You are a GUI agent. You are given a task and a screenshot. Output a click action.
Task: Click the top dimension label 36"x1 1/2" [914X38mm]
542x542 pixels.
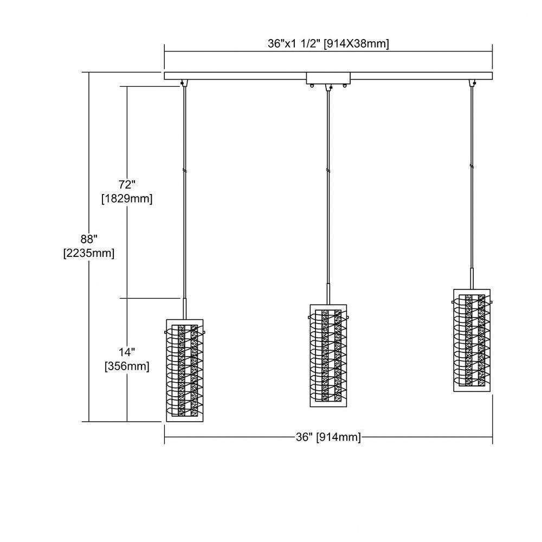click(328, 43)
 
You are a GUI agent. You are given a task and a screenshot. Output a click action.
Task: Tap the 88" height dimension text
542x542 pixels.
click(89, 239)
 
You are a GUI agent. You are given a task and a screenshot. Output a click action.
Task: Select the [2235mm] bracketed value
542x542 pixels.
click(89, 253)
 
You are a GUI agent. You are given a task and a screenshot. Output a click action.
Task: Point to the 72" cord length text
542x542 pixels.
click(126, 185)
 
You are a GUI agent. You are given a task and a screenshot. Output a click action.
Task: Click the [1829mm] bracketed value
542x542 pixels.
click(127, 198)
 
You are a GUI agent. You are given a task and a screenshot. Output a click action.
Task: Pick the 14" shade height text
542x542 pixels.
click(126, 352)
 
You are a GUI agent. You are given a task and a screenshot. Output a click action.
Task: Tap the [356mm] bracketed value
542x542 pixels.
click(127, 366)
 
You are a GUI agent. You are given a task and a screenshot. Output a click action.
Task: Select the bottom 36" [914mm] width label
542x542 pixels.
click(328, 437)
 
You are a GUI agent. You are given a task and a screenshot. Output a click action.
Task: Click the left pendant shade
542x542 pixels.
click(185, 370)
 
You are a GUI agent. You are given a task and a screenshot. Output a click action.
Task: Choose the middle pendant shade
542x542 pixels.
click(328, 356)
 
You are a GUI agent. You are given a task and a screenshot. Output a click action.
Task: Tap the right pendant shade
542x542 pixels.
click(472, 340)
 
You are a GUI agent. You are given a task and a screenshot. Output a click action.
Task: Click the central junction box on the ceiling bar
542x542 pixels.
click(328, 79)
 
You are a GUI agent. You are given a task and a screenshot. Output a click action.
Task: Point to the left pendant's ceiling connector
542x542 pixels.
click(184, 83)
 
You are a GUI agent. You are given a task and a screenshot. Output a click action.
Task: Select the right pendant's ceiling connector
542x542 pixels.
click(472, 83)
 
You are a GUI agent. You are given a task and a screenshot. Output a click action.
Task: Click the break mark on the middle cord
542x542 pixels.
click(328, 170)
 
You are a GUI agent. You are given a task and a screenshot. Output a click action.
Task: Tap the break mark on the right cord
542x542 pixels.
click(472, 166)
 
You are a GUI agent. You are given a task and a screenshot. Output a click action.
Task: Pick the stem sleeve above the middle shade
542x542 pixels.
click(328, 294)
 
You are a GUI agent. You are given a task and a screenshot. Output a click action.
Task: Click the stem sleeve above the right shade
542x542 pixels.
click(472, 279)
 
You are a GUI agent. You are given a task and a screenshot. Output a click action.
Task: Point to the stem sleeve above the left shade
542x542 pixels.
click(185, 309)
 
